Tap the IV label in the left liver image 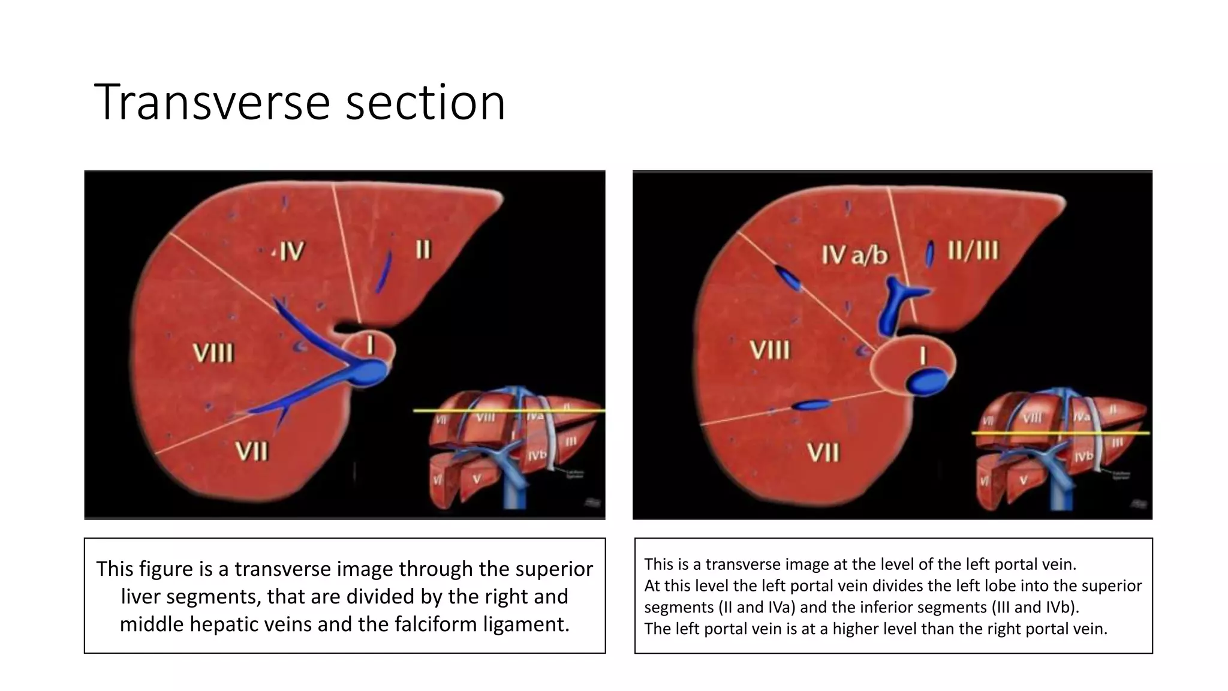click(291, 251)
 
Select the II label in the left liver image click(423, 250)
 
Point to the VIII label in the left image click(213, 353)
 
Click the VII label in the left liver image click(251, 450)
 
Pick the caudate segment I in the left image click(370, 345)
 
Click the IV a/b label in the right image click(854, 255)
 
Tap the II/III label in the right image click(973, 250)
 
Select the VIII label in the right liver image click(770, 350)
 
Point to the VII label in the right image click(823, 452)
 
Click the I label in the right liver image click(922, 357)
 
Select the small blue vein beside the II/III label click(930, 254)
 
